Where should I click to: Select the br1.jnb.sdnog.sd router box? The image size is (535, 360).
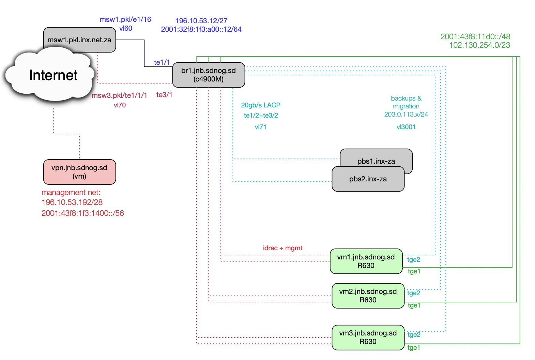209,75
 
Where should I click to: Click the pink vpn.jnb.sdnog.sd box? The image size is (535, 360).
79,172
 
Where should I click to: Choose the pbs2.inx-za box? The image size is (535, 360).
368,179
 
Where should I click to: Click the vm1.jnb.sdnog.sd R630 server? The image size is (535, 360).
366,261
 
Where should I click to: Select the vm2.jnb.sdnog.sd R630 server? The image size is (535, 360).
368,296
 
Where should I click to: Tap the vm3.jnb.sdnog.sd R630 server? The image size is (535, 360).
368,337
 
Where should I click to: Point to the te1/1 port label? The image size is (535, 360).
162,62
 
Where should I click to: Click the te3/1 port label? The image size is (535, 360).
164,95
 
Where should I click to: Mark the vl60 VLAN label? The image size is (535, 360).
126,28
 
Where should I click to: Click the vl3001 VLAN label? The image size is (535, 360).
406,127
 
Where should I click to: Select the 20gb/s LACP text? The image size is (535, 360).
261,105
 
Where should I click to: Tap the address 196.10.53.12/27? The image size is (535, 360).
201,21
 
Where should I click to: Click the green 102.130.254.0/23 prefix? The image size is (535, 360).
479,45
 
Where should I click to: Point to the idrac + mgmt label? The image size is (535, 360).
282,248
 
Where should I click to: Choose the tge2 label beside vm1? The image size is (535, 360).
413,260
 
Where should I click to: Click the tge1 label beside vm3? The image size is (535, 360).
414,348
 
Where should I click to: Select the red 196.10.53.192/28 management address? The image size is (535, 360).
72,202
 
